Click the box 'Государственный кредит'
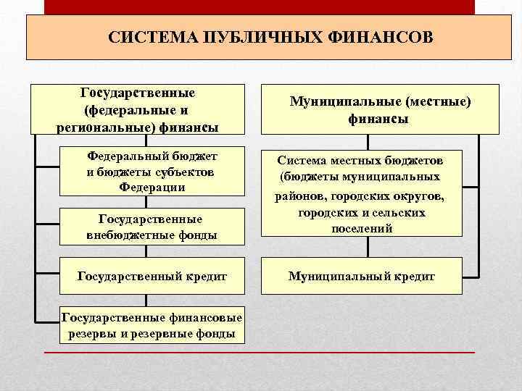(x=152, y=276)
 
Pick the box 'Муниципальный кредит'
(x=361, y=276)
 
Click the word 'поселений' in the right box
(x=362, y=227)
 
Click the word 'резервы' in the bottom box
(x=93, y=333)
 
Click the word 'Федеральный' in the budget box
(x=127, y=156)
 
